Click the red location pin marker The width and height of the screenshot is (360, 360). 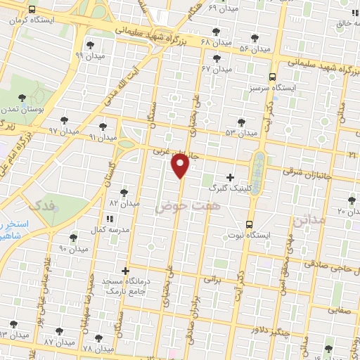point(181,166)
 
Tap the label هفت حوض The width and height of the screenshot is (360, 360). point(179,205)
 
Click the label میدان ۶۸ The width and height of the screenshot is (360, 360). point(215,43)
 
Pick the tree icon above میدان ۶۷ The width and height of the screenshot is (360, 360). point(217,58)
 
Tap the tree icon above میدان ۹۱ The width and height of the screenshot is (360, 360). point(103,127)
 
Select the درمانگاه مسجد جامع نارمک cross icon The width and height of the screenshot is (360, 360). point(125,271)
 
